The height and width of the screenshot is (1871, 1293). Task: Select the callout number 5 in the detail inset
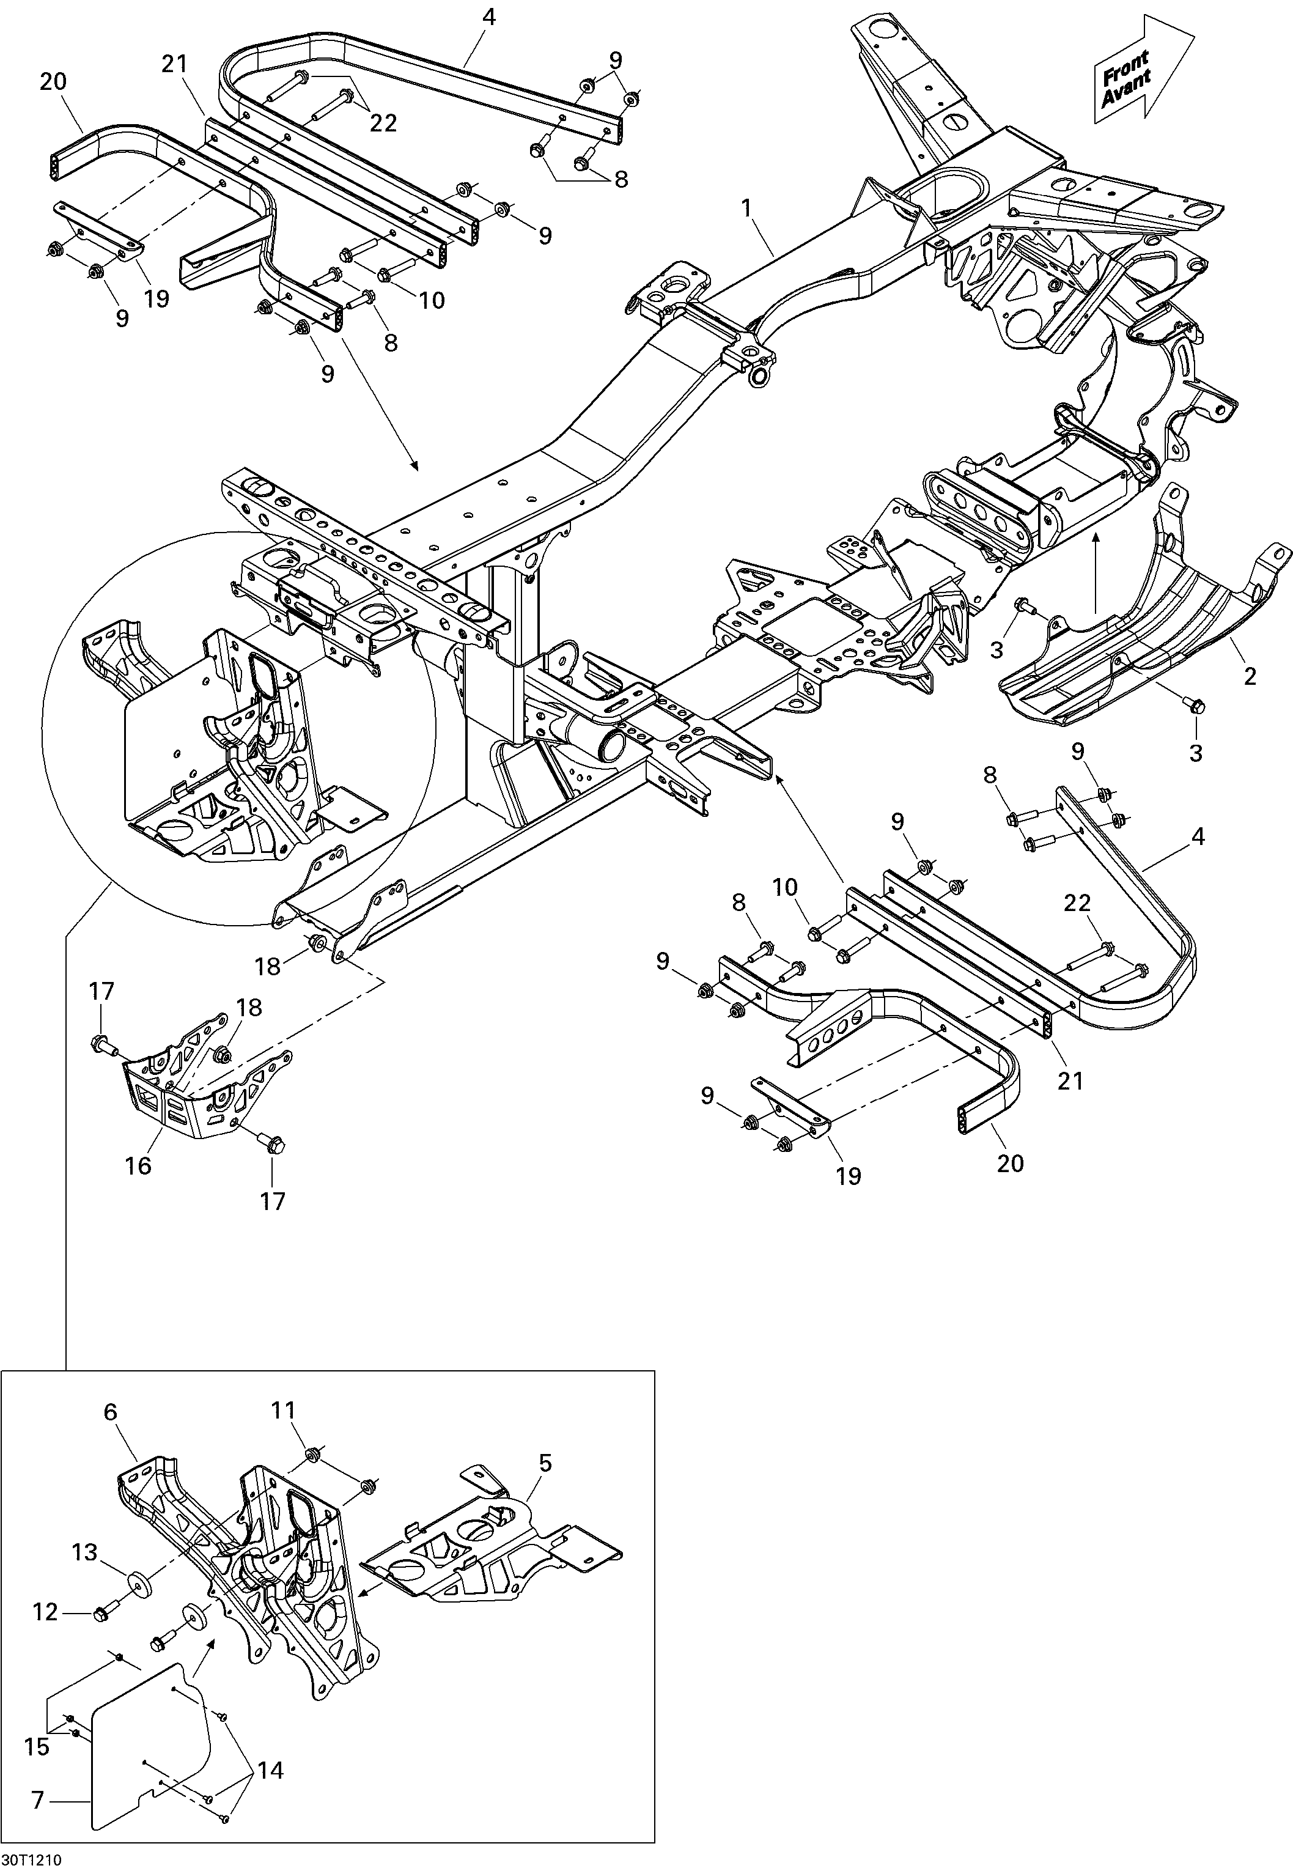click(x=545, y=1463)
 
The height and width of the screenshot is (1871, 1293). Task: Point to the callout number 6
click(x=111, y=1412)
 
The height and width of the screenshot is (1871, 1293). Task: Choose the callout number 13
click(x=84, y=1552)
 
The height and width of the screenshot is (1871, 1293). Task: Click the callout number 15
click(x=37, y=1724)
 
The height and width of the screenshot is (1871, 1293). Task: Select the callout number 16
click(x=139, y=1165)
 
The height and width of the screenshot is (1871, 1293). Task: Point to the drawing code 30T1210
click(x=32, y=1858)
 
